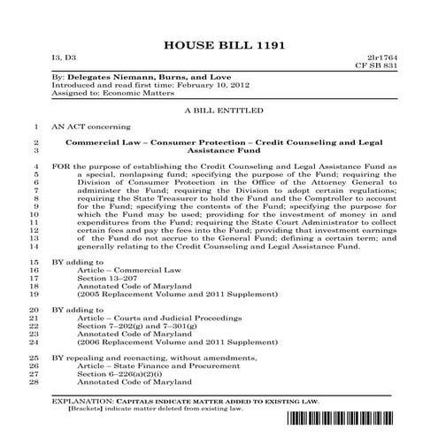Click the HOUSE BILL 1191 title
pyautogui.click(x=219, y=46)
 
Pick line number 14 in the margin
pyautogui.click(x=36, y=248)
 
